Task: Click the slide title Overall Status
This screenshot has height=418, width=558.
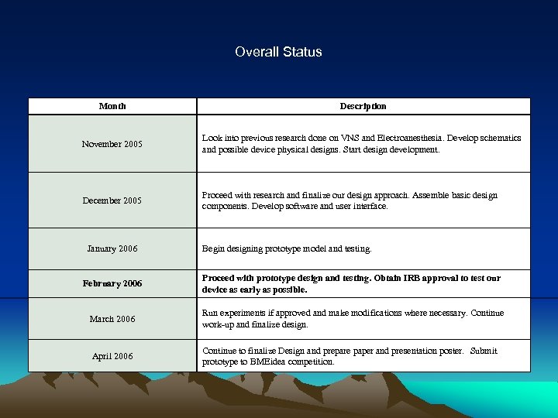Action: point(278,52)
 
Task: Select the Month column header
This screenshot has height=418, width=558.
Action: point(112,106)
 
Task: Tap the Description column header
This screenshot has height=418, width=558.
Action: point(363,106)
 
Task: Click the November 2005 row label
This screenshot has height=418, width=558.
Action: point(112,144)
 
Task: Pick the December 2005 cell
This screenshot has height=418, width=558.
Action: point(112,200)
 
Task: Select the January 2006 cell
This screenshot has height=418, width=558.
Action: point(112,248)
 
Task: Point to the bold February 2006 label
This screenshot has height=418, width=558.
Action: point(112,283)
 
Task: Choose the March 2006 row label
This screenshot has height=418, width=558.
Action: point(112,319)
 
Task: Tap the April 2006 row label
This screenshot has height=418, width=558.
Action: point(112,356)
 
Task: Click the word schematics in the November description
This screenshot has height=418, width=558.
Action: point(501,139)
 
